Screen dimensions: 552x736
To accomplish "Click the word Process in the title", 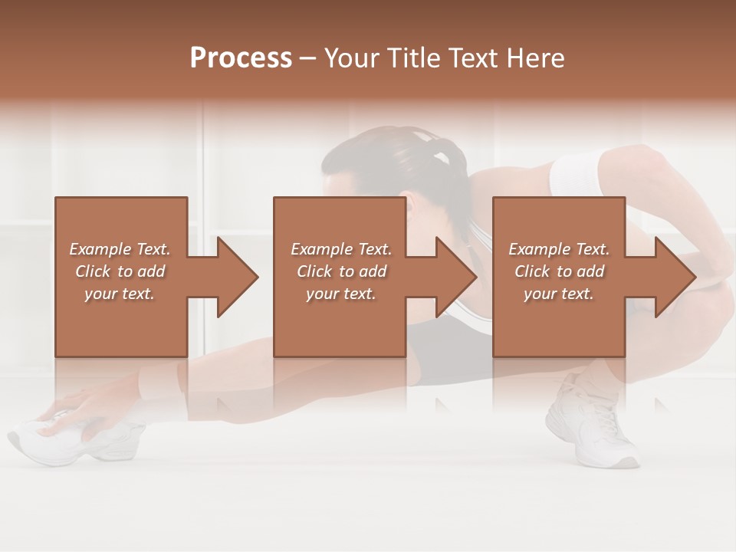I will point(241,58).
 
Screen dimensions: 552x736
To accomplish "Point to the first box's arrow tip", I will point(257,277).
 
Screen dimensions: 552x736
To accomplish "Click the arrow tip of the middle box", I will point(475,277).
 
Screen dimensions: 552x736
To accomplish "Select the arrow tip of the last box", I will point(694,277).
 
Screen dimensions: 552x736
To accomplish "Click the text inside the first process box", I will point(120,271).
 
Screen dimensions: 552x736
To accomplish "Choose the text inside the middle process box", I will point(341,271).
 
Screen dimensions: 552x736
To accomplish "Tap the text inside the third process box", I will point(559,271).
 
